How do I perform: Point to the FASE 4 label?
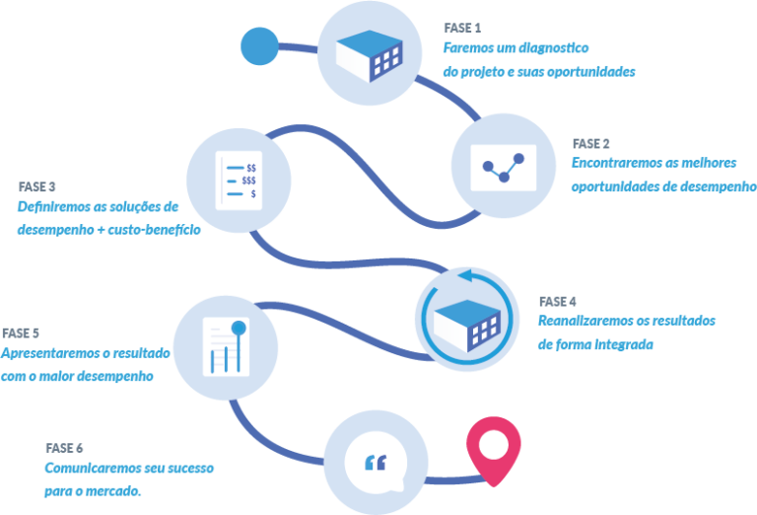[557, 301]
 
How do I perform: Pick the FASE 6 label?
[64, 447]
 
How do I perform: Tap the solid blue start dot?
[260, 46]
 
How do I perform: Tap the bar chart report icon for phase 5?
[223, 345]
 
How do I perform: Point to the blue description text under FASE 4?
[626, 332]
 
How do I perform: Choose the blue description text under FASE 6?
[129, 478]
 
